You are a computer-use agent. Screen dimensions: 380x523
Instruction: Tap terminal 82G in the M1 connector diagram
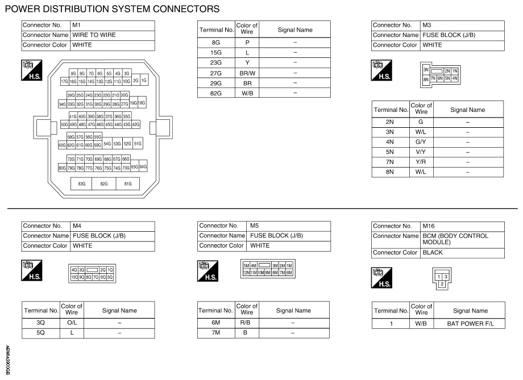104,184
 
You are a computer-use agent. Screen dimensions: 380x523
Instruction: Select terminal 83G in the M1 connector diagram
81,184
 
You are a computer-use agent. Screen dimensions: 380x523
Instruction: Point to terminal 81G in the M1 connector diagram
127,184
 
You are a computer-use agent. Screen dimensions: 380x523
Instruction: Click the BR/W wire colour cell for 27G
247,72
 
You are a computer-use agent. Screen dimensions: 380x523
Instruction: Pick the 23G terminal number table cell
215,62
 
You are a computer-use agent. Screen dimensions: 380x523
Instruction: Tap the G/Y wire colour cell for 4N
421,141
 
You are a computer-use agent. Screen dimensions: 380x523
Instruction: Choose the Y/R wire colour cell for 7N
421,162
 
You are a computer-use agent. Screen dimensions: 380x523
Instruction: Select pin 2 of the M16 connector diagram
442,283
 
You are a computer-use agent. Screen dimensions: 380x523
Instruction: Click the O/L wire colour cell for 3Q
72,323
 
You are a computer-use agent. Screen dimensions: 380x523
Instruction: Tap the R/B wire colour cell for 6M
247,323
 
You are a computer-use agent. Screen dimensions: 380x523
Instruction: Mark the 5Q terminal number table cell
40,333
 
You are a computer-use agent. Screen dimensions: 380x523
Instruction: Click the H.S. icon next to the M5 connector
207,270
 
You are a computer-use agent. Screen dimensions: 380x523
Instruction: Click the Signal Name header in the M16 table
470,311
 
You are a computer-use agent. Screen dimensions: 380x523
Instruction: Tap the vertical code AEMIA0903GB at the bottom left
7,360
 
